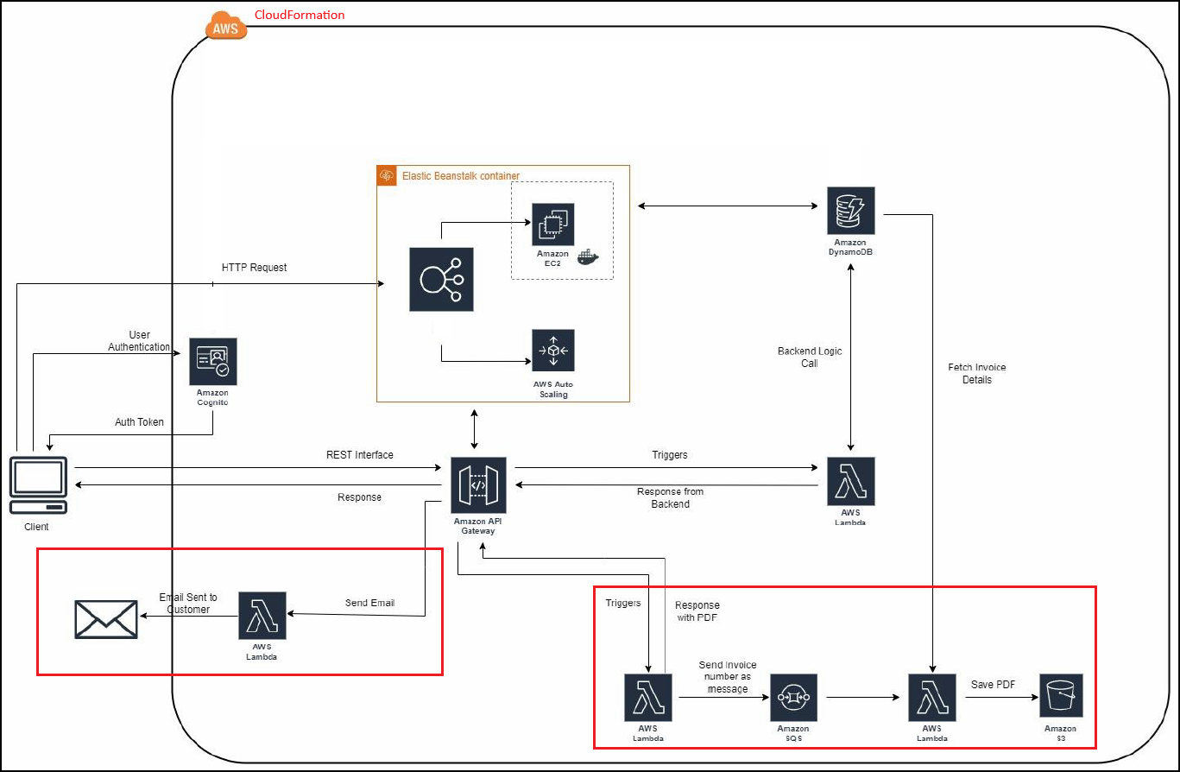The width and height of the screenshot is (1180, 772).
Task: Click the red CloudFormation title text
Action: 300,15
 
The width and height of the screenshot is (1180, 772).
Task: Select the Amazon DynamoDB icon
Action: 851,210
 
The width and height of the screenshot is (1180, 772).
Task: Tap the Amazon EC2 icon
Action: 552,225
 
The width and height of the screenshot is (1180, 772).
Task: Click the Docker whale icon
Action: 588,257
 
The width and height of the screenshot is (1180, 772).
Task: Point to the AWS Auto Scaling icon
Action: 553,351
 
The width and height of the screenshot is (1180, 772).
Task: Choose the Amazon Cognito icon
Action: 213,362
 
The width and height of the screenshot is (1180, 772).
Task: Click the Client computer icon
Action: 39,485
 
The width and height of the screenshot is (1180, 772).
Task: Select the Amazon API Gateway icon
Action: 478,484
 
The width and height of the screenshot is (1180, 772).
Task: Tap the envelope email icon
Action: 106,619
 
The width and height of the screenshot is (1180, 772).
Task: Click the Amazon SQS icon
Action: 793,697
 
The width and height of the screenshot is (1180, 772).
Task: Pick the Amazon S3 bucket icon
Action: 1061,696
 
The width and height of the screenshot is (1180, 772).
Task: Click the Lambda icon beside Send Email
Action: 262,615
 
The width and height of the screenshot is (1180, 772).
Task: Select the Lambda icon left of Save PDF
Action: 932,697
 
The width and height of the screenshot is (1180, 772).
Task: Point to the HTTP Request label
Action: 254,268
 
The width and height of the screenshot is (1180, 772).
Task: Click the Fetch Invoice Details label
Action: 976,373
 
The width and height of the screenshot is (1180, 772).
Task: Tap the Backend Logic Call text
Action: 810,357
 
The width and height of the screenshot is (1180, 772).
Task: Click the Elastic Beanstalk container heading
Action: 460,176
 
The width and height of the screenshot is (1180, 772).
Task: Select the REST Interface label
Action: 359,455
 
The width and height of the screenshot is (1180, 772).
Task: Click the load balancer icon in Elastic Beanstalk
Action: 441,279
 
